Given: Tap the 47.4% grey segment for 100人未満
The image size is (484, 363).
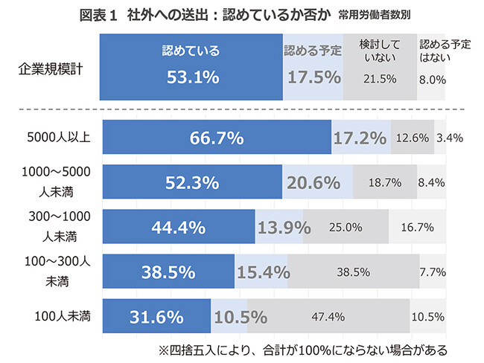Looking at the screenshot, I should point(328,317).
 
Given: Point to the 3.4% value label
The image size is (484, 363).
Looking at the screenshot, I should point(450,138).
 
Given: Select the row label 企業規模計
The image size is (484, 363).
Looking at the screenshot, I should point(51,71).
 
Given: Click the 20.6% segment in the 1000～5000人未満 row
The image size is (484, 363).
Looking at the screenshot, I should point(317,182).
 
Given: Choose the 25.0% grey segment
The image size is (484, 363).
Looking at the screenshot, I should point(346,227).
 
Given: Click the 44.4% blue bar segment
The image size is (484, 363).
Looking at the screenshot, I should point(179,227).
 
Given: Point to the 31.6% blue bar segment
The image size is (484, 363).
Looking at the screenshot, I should point(156,317).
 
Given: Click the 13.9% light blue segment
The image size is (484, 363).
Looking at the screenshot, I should point(278,227).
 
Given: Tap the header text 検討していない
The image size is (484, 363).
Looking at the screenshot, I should point(379,51).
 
